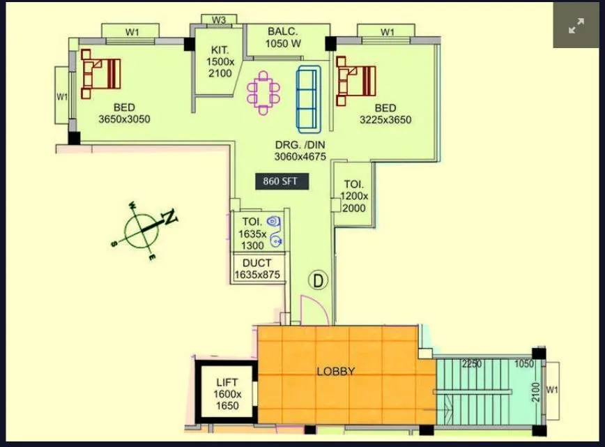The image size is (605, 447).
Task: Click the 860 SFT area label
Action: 281,181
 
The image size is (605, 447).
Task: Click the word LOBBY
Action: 336,372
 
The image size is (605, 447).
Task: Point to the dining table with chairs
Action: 263,92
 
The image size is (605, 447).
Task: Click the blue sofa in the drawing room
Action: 309,99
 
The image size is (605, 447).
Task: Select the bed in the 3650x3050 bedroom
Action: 100,74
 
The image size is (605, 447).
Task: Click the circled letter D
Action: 319,281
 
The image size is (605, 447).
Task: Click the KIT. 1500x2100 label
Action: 220,61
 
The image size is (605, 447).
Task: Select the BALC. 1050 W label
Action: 283,38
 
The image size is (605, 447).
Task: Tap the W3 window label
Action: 219,20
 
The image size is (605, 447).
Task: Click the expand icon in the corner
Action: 576,26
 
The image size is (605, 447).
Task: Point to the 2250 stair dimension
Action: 473,363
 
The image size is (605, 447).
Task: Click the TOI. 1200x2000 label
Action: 354,196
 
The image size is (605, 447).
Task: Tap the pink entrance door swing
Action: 314,310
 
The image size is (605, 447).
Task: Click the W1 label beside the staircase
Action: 552,390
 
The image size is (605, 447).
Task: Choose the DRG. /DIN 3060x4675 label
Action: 300,151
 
